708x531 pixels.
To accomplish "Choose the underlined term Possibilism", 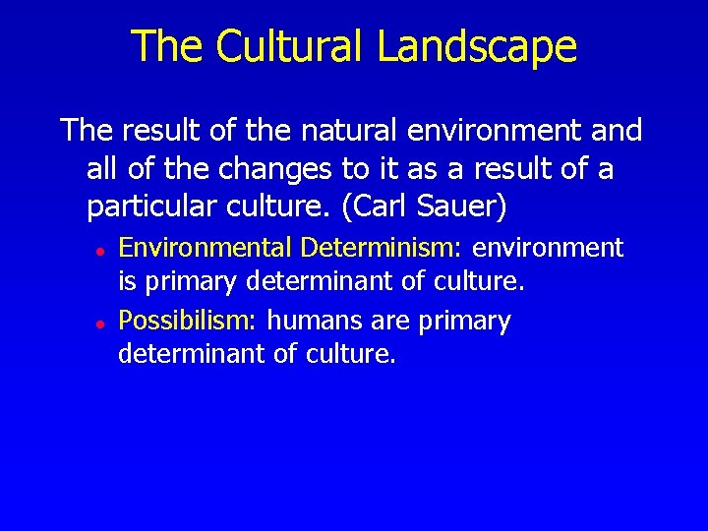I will pyautogui.click(x=186, y=321).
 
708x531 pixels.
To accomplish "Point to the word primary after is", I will pyautogui.click(x=190, y=284).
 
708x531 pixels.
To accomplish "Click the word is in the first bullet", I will pyautogui.click(x=127, y=284).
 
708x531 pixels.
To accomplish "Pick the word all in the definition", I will pyautogui.click(x=101, y=169).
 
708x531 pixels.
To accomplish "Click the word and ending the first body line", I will pyautogui.click(x=619, y=130).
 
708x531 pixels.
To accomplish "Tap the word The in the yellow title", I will pyautogui.click(x=163, y=46).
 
